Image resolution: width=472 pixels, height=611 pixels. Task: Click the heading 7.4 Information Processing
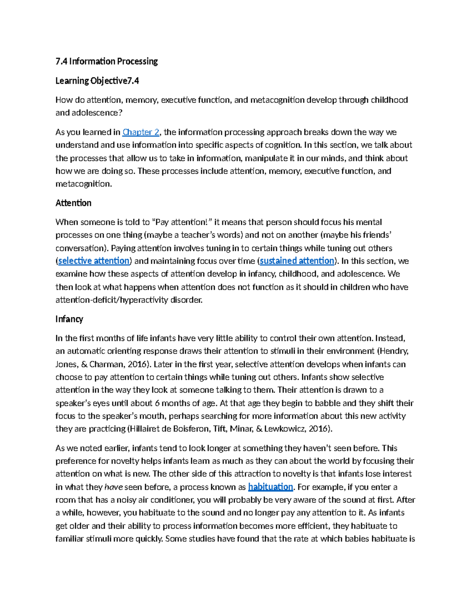[107, 61]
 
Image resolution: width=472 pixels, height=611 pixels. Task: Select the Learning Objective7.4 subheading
[97, 81]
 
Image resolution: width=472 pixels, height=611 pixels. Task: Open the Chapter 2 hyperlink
[141, 132]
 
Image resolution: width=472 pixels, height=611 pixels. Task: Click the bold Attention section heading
[73, 203]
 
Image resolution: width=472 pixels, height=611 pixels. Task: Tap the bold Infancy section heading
[69, 319]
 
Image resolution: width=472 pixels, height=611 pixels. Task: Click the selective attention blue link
[94, 261]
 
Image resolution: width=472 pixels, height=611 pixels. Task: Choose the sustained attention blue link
[297, 261]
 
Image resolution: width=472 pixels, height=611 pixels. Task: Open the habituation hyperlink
[271, 487]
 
